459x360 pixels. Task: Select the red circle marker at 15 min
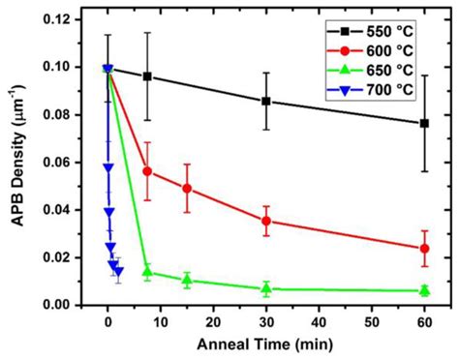pos(187,188)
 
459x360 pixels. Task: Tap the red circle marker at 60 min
pos(424,249)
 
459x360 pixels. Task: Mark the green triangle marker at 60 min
pos(424,290)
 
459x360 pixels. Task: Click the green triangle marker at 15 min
pos(187,280)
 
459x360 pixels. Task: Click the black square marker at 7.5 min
pos(147,76)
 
